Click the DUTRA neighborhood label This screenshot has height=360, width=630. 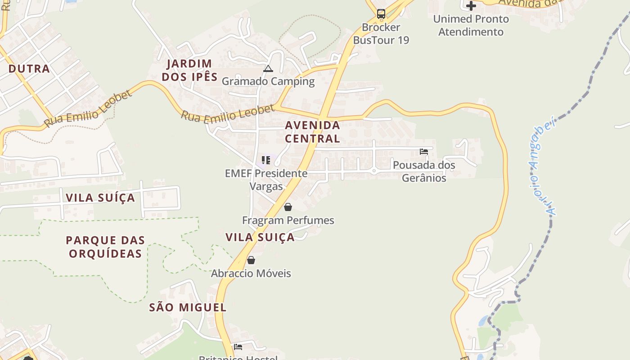pyautogui.click(x=29, y=69)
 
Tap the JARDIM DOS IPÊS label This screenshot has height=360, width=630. pyautogui.click(x=189, y=70)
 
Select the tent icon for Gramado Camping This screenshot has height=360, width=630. pyautogui.click(x=268, y=68)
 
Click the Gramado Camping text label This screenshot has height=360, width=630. pyautogui.click(x=268, y=81)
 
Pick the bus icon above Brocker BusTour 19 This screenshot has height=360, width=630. pyautogui.click(x=381, y=14)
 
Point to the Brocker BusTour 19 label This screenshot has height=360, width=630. pyautogui.click(x=381, y=34)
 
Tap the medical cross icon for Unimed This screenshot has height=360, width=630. pyautogui.click(x=471, y=6)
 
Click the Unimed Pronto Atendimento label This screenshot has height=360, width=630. pyautogui.click(x=471, y=26)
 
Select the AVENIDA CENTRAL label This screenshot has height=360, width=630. pyautogui.click(x=312, y=132)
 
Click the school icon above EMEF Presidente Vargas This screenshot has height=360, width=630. pyautogui.click(x=266, y=160)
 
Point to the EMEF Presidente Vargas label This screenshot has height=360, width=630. pyautogui.click(x=266, y=180)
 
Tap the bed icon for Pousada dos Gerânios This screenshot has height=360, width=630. pyautogui.click(x=424, y=152)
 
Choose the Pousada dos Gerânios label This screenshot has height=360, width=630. pyautogui.click(x=424, y=171)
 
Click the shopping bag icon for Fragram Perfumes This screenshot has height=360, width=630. pyautogui.click(x=288, y=207)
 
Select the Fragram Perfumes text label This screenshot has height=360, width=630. pyautogui.click(x=288, y=220)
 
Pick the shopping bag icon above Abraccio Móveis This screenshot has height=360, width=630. pyautogui.click(x=251, y=260)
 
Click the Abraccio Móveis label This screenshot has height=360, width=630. pyautogui.click(x=251, y=274)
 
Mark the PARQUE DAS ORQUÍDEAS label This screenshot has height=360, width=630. pyautogui.click(x=105, y=247)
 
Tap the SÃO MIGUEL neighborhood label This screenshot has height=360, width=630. pyautogui.click(x=188, y=308)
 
